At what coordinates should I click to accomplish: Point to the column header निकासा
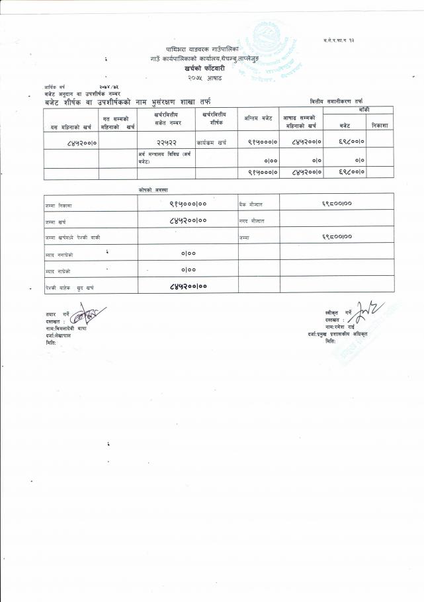click(x=379, y=124)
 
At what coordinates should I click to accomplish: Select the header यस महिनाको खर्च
click(x=70, y=126)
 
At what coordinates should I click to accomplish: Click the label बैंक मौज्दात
click(x=251, y=204)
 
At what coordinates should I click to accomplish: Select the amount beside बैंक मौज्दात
click(x=337, y=204)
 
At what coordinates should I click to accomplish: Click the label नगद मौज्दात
click(x=251, y=220)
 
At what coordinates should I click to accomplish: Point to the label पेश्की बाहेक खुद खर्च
click(x=69, y=288)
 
